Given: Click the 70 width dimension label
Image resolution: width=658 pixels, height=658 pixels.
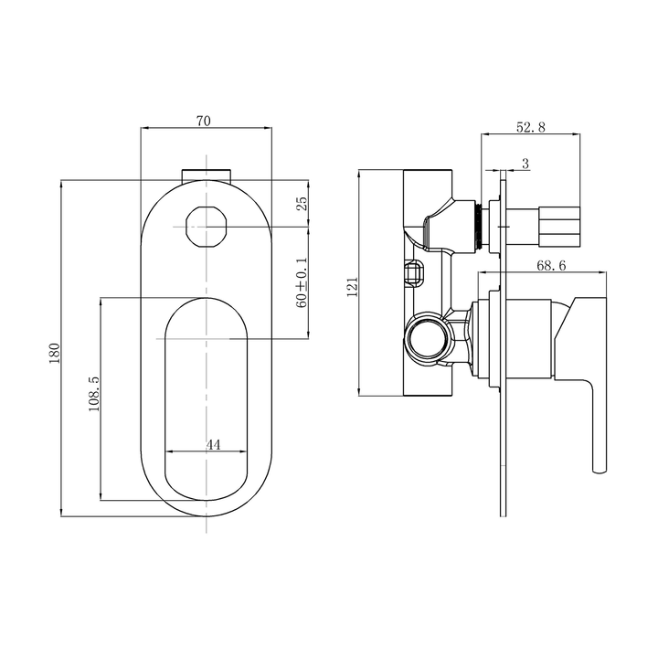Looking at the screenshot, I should coord(207,121).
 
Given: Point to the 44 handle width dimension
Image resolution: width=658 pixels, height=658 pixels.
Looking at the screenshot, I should coord(213,444).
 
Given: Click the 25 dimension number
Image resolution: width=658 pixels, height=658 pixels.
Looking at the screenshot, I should coord(302,204).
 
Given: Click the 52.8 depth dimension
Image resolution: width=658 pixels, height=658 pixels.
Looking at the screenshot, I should coord(531,128).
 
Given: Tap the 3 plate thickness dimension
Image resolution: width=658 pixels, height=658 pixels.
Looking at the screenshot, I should coord(524,164).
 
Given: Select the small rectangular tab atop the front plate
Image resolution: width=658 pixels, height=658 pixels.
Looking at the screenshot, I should coord(207,174).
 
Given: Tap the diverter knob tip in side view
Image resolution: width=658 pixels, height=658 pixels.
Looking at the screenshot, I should coord(561,223).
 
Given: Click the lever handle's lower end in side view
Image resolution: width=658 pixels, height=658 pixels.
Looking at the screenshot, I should coord(600,463).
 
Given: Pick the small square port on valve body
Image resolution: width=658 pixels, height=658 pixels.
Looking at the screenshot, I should coord(415,272).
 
